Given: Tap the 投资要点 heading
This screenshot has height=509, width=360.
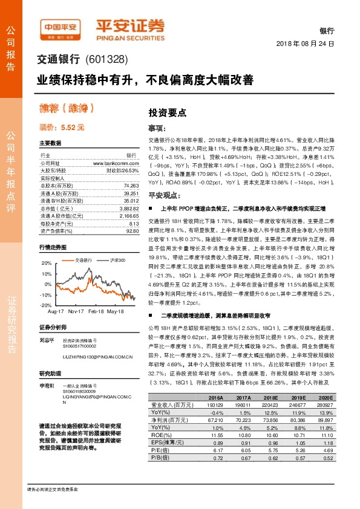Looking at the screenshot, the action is pyautogui.click(x=167, y=112).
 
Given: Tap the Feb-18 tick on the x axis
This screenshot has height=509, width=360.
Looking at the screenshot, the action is pyautogui.click(x=95, y=310).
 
